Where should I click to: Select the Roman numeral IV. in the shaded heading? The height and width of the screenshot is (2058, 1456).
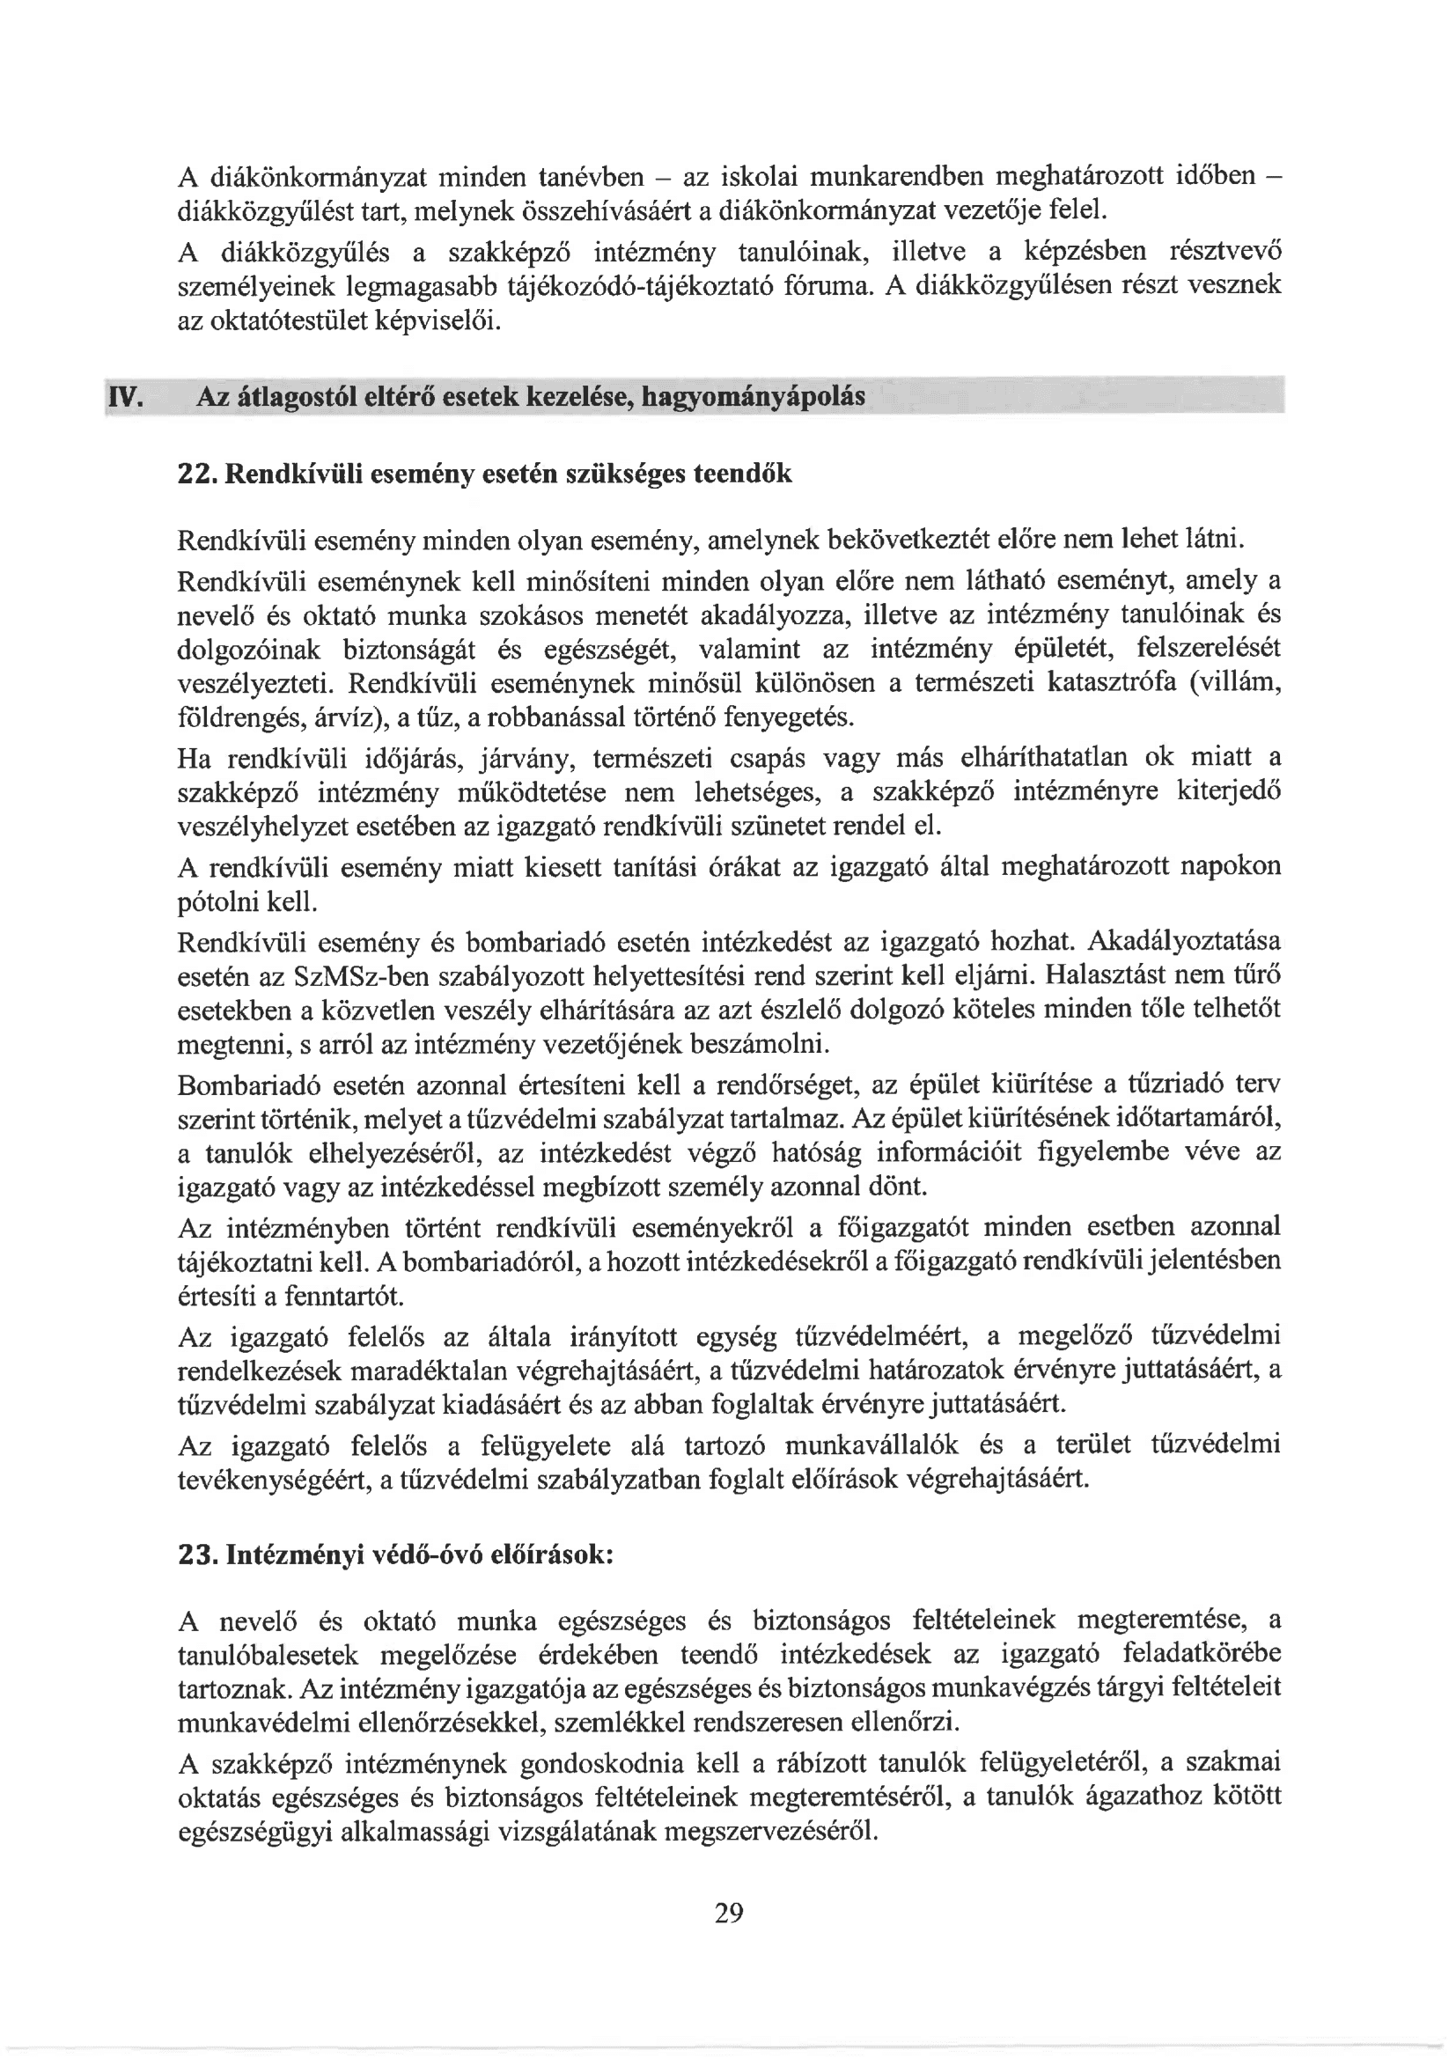(126, 396)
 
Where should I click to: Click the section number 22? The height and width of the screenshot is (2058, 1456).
(196, 474)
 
